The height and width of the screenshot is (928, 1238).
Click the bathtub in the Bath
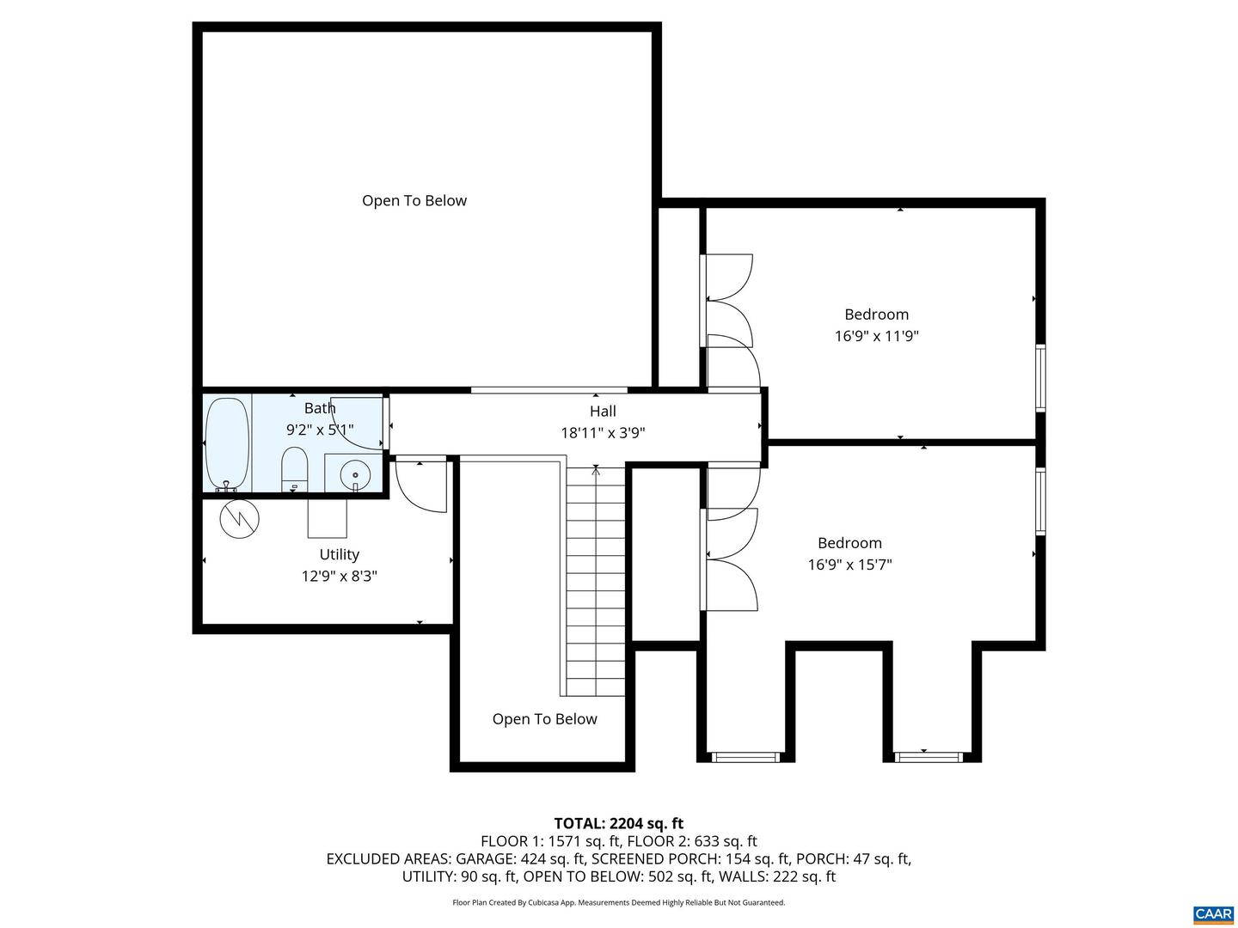[x=228, y=443]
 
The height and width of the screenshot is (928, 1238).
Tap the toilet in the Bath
[x=294, y=469]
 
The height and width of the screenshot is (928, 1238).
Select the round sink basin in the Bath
[x=354, y=474]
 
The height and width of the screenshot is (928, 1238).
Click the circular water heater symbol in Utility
[x=238, y=518]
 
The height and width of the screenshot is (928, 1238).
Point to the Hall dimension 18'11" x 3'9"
[x=603, y=434]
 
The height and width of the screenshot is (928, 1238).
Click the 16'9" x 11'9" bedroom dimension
[x=876, y=337]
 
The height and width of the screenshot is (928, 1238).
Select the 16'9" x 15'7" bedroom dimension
[x=849, y=565]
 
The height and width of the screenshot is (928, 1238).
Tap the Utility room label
[x=339, y=555]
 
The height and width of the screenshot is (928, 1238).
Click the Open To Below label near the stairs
[x=544, y=719]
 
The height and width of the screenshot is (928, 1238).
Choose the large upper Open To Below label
[x=414, y=201]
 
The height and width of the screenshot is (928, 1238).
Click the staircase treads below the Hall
[x=596, y=584]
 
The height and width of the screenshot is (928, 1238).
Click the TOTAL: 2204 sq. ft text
[x=618, y=824]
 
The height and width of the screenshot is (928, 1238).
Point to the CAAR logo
[x=1213, y=914]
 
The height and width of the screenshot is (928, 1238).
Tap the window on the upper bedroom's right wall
[x=1040, y=378]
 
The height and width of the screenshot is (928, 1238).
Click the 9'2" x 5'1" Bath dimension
[x=320, y=430]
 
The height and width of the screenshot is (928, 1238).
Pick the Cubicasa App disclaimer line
[x=618, y=903]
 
